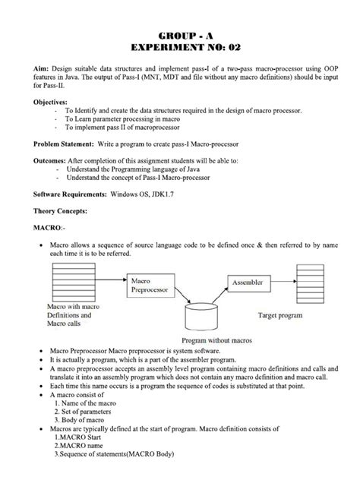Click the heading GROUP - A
(180, 36)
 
